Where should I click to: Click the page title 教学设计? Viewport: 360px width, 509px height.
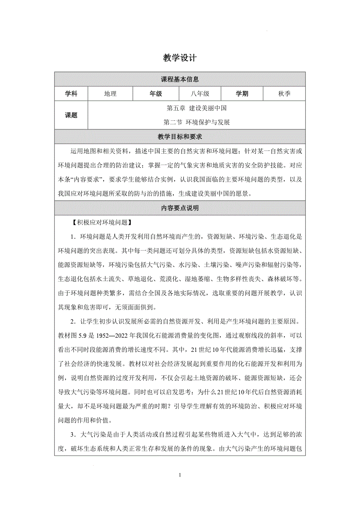(180, 58)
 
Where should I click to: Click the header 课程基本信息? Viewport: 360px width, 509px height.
(180, 79)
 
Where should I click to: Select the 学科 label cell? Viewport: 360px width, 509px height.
(71, 94)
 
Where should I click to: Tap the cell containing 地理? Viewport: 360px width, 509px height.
(110, 94)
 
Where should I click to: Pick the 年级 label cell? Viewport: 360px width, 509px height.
(156, 94)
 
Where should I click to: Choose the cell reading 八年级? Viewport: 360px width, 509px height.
(200, 94)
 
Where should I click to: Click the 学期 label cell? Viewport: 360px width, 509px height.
(241, 94)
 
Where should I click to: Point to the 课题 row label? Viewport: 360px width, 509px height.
(71, 115)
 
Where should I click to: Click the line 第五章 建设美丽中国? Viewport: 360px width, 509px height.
(196, 108)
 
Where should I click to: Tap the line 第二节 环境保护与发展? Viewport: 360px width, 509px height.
(196, 122)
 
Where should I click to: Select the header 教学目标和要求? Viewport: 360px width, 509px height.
(180, 136)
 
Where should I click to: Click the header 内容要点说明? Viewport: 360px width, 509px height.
(180, 208)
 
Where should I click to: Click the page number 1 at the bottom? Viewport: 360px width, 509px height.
(180, 475)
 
